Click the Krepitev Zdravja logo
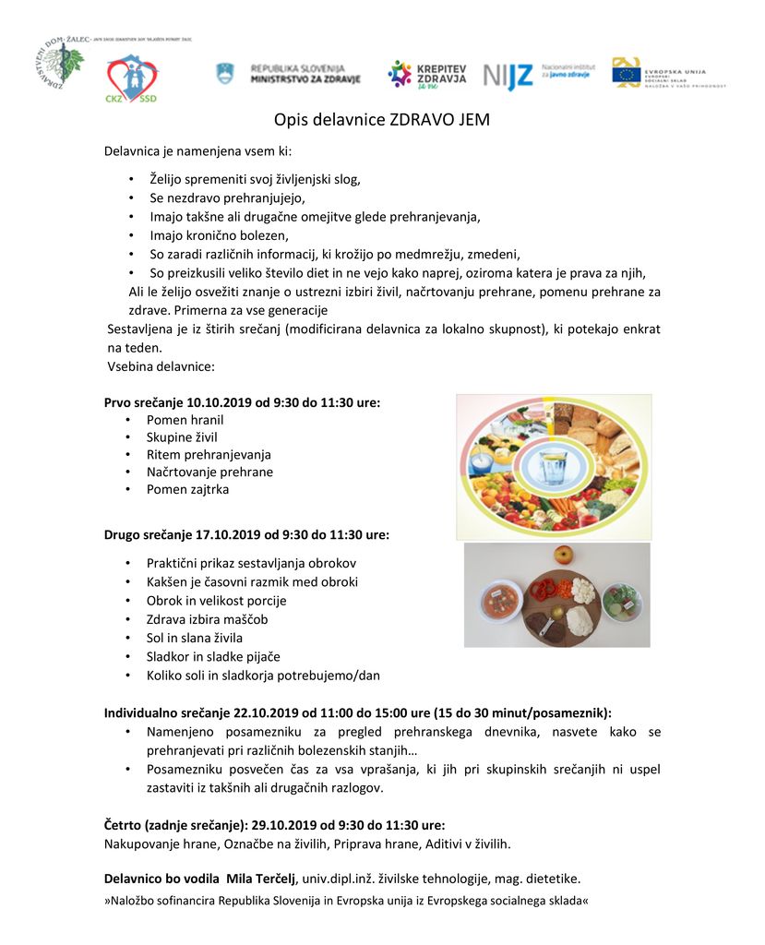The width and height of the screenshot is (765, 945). click(426, 75)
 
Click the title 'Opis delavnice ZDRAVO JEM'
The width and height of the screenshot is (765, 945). click(381, 120)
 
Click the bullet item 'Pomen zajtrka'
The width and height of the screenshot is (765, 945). click(187, 489)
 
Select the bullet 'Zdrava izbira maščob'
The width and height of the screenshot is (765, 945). click(207, 619)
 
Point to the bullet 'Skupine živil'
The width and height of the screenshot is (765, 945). click(182, 437)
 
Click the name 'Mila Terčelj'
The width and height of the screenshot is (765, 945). click(261, 879)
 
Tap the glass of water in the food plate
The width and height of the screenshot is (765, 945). click(552, 467)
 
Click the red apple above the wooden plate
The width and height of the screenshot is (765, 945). click(563, 556)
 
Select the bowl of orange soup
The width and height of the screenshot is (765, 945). click(502, 604)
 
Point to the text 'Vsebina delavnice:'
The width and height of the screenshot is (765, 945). click(161, 366)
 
